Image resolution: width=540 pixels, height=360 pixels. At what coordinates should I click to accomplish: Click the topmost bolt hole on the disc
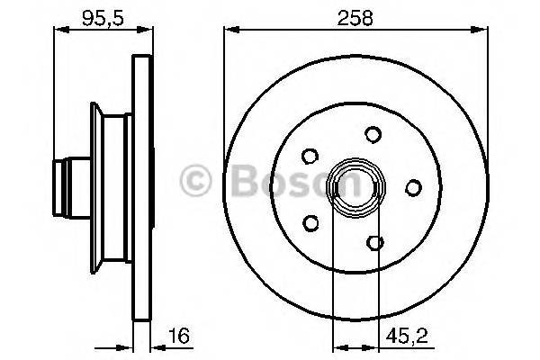click(372, 135)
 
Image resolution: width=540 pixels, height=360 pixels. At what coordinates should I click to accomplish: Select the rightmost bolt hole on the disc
click(414, 187)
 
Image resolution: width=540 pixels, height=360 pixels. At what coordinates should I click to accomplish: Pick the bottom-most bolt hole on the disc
click(376, 240)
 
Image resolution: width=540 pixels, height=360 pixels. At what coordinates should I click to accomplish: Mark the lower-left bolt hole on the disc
click(310, 221)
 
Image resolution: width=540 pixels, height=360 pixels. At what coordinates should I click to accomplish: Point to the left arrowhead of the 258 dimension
click(228, 31)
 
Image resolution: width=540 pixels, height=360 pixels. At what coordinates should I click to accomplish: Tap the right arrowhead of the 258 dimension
click(485, 31)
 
